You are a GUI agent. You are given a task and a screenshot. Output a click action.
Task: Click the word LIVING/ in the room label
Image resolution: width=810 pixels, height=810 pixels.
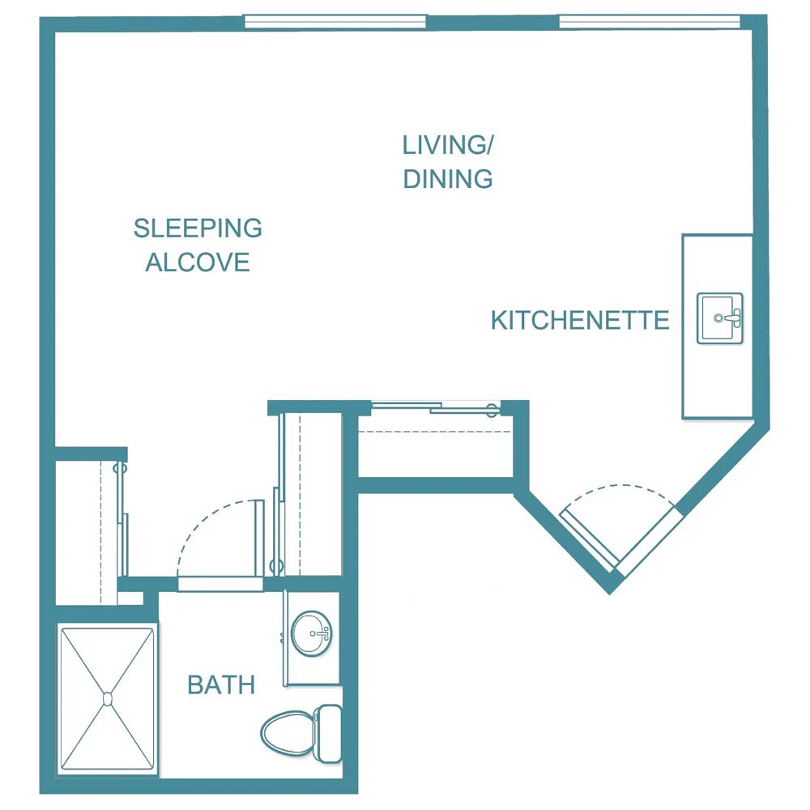tap(448, 145)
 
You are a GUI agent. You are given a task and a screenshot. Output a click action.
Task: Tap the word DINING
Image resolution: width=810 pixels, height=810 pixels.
tap(448, 178)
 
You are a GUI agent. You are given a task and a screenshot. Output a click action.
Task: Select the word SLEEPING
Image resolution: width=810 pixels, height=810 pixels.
tap(198, 228)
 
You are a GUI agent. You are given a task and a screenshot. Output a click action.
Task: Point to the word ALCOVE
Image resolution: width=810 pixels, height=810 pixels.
tap(198, 262)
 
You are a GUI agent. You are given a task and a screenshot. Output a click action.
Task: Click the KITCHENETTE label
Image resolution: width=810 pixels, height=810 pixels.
tap(580, 321)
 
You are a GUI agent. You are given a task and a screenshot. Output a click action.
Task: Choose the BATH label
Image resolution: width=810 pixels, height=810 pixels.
tap(221, 685)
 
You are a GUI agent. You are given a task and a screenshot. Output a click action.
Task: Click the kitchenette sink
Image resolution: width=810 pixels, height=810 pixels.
tap(719, 318)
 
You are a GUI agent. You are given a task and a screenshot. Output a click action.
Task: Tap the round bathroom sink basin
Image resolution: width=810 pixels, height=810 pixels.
tap(311, 633)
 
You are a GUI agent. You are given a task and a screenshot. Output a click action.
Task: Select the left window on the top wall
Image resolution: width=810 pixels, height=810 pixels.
tap(335, 22)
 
